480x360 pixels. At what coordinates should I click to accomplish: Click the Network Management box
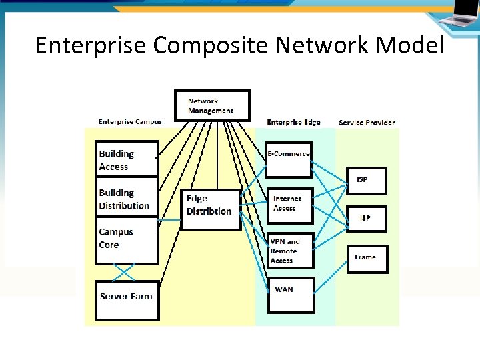click(212, 105)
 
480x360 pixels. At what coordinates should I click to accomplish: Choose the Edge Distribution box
click(211, 209)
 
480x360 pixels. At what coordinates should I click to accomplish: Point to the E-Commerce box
click(289, 159)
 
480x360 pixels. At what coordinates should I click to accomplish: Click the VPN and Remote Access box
click(290, 250)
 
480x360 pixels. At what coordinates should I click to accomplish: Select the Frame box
click(367, 259)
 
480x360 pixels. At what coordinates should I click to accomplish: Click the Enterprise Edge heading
click(293, 122)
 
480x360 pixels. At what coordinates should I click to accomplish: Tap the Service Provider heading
click(367, 123)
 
